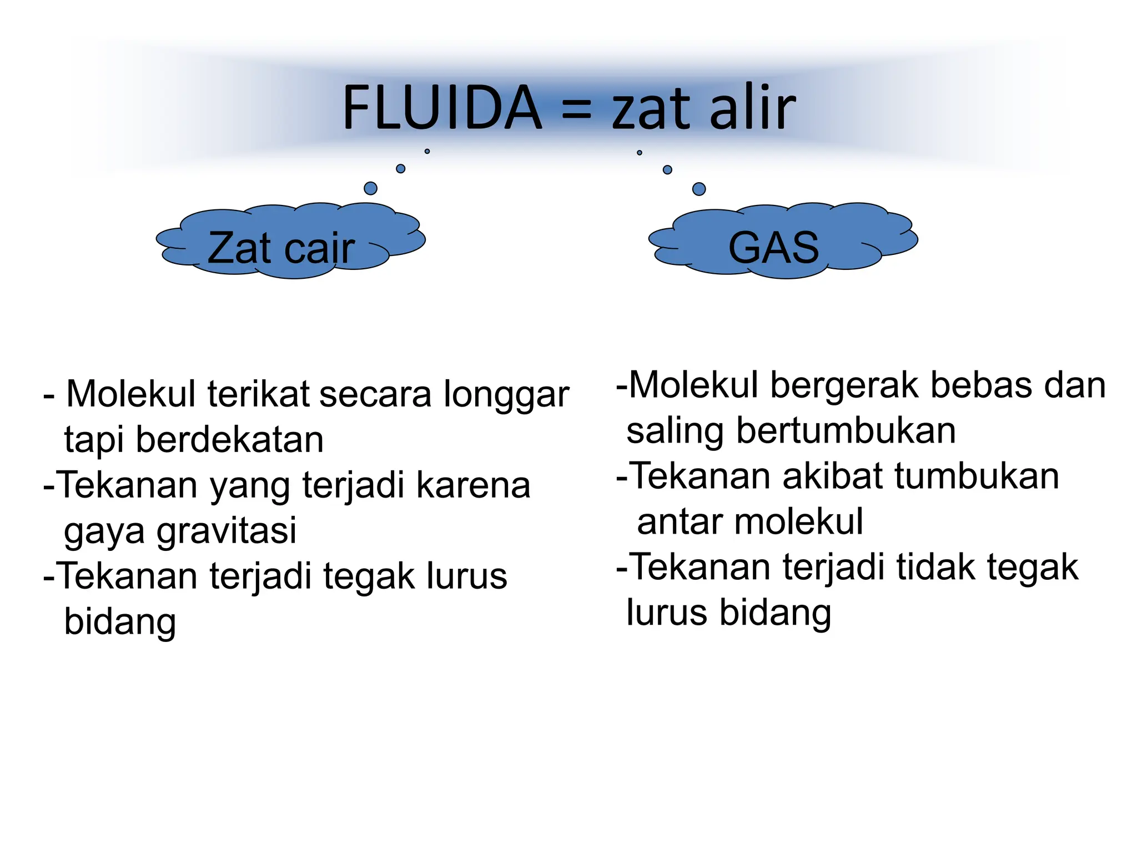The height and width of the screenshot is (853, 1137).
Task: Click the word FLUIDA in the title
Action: (442, 108)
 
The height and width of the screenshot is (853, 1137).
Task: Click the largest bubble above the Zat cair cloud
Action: (370, 188)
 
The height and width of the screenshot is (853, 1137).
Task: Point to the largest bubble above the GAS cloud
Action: (699, 189)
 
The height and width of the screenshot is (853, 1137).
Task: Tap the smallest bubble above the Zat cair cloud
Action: (427, 151)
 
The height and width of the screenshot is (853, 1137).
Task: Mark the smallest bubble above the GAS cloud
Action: (640, 152)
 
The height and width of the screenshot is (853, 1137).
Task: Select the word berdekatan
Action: (229, 440)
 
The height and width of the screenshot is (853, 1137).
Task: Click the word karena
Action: (474, 485)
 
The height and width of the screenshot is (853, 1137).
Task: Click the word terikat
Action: (258, 395)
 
